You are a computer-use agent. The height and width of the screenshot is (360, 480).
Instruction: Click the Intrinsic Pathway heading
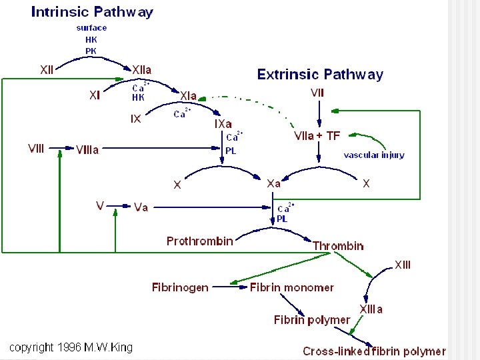[x=92, y=12]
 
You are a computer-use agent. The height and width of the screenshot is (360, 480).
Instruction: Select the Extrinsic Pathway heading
[x=320, y=74]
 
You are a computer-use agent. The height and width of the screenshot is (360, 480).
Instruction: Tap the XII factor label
[x=47, y=69]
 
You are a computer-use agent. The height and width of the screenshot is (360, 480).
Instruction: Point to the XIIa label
[x=142, y=69]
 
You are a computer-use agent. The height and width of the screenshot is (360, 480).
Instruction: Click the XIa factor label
[x=187, y=95]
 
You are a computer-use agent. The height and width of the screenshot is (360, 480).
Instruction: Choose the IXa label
[x=223, y=124]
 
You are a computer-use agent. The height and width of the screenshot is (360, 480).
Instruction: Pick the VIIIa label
[x=87, y=149]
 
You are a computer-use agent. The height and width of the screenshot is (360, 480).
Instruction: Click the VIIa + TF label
[x=317, y=136]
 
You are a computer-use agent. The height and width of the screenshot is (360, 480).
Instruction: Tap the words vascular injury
[x=374, y=155]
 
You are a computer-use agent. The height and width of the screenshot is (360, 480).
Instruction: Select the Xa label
[x=273, y=183]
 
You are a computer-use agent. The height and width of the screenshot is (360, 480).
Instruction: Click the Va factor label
[x=141, y=207]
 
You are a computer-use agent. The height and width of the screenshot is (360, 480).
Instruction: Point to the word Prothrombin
[x=200, y=241]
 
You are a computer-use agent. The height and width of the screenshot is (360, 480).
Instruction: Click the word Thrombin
[x=338, y=246]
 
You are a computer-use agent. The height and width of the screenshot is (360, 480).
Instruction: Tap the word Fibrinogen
[x=180, y=287]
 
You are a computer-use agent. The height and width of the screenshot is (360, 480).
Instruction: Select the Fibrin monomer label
[x=291, y=287]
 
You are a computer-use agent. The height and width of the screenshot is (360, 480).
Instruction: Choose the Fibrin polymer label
[x=311, y=320]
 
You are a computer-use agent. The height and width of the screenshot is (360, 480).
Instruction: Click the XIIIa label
[x=371, y=309]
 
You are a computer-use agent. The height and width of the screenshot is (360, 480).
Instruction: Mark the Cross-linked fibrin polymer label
[x=374, y=351]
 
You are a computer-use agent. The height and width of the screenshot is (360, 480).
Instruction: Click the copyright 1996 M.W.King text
[x=71, y=347]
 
